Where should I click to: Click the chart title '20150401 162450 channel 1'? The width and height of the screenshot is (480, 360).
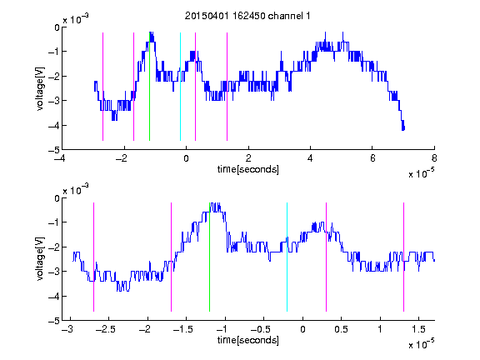coord(247,16)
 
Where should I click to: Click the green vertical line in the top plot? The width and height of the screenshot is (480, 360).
coord(150,87)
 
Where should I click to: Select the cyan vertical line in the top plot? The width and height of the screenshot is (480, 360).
coord(180,87)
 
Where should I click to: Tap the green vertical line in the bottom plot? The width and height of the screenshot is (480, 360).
coord(210,257)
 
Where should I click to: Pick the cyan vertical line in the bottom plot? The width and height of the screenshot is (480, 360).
coord(287,257)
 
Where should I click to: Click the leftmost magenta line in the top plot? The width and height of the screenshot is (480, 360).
coord(102,87)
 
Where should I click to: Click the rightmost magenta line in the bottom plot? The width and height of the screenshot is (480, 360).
coord(404,257)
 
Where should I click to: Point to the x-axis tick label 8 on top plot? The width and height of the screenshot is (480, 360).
coord(434,158)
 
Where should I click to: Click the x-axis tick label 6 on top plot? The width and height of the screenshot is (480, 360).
coord(372,158)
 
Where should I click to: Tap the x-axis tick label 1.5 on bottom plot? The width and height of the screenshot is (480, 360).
coord(418,329)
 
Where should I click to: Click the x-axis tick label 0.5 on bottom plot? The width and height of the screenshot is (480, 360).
coord(341,329)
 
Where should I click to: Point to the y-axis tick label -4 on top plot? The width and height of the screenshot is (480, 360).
coord(54,126)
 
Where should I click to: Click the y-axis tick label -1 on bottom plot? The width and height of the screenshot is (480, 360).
coord(54,222)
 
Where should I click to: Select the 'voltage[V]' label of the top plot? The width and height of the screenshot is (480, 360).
coord(40,88)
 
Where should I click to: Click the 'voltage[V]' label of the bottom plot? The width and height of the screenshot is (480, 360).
coord(40,259)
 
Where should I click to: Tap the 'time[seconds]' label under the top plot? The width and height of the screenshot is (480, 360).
coord(248,169)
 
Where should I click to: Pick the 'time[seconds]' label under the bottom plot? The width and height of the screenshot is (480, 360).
coord(248,340)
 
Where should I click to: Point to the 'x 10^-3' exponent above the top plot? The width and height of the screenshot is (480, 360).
coord(76,19)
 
